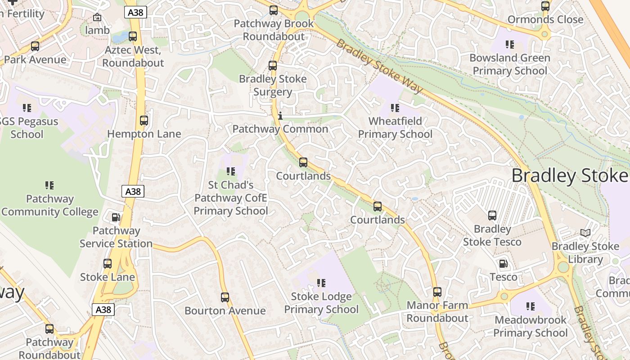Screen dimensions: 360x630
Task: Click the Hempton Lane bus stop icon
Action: tap(144, 121)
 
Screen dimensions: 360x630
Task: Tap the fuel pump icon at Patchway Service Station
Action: tap(116, 217)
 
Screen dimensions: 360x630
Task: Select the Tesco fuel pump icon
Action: tap(503, 264)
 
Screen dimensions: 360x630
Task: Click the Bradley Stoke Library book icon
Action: tap(585, 233)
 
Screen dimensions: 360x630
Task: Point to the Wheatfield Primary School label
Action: tap(395, 128)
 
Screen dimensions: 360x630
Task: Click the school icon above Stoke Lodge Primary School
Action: tap(321, 283)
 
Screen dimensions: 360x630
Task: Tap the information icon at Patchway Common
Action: tap(280, 116)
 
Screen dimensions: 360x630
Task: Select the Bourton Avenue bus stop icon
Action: tap(225, 297)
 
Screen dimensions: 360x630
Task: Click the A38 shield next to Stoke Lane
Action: tap(103, 310)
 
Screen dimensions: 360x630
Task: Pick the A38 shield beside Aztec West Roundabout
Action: tap(135, 13)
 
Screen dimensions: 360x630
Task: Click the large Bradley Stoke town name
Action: tap(569, 175)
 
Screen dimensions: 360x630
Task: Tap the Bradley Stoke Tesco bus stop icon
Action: tap(492, 216)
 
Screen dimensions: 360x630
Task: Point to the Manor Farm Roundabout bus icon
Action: tap(437, 292)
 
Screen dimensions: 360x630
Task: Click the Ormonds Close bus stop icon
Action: tap(545, 6)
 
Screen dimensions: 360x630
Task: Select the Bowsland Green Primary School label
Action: tap(510, 64)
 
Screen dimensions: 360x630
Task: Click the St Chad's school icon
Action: tap(231, 171)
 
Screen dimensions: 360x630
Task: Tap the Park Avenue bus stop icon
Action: tap(35, 46)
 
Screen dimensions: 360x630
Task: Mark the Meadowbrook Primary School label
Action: tap(531, 326)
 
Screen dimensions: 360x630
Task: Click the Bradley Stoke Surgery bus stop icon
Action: tap(273, 66)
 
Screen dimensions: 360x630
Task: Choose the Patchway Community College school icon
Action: tap(49, 185)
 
